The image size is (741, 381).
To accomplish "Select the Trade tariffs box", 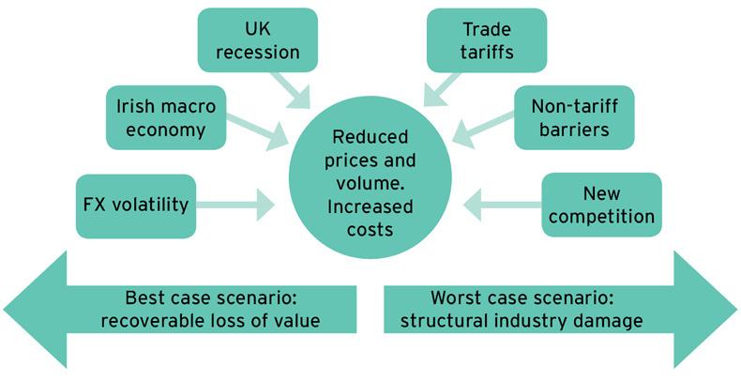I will click(x=486, y=38).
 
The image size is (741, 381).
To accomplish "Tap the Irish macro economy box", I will click(x=166, y=117).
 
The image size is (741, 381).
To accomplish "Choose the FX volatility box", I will click(x=135, y=204).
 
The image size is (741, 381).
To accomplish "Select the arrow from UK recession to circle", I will click(x=299, y=89).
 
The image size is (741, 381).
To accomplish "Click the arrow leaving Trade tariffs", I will click(x=442, y=88).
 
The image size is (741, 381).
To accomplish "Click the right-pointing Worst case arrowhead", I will click(x=704, y=309).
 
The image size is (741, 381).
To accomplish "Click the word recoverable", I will click(x=149, y=321).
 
